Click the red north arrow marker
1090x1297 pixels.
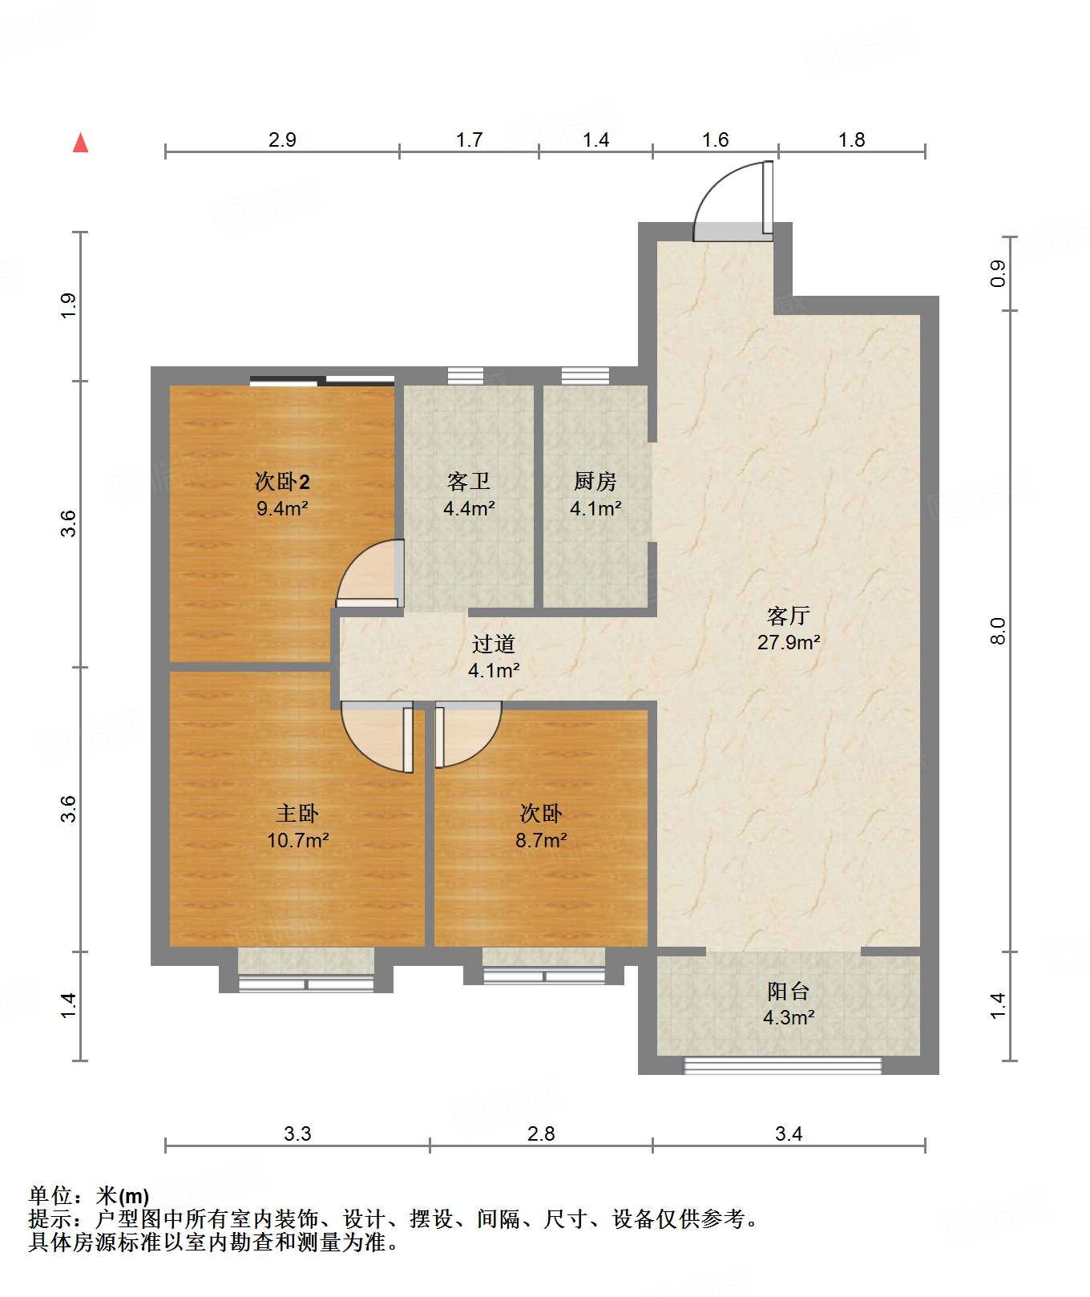coord(80,143)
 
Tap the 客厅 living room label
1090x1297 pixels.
coord(788,616)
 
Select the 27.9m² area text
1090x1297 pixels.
coord(789,642)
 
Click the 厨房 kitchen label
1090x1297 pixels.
coord(595,481)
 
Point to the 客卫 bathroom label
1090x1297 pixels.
coord(469,481)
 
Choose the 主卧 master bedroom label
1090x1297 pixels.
coord(297,814)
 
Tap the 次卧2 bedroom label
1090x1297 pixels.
coord(282,481)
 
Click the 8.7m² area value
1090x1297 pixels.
coord(541,840)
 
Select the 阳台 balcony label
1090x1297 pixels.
coord(788,992)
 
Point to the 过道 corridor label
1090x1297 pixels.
coord(493,644)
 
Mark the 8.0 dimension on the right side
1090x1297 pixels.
coord(998,631)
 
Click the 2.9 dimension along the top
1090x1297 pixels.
coord(282,139)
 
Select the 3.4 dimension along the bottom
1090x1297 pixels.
coord(789,1133)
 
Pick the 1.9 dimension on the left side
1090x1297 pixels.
coord(68,306)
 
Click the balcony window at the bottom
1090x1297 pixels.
coord(782,1065)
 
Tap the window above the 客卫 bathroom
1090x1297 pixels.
coord(466,375)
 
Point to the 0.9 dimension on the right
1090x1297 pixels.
coord(998,273)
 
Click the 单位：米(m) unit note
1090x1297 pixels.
coord(89,1196)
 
